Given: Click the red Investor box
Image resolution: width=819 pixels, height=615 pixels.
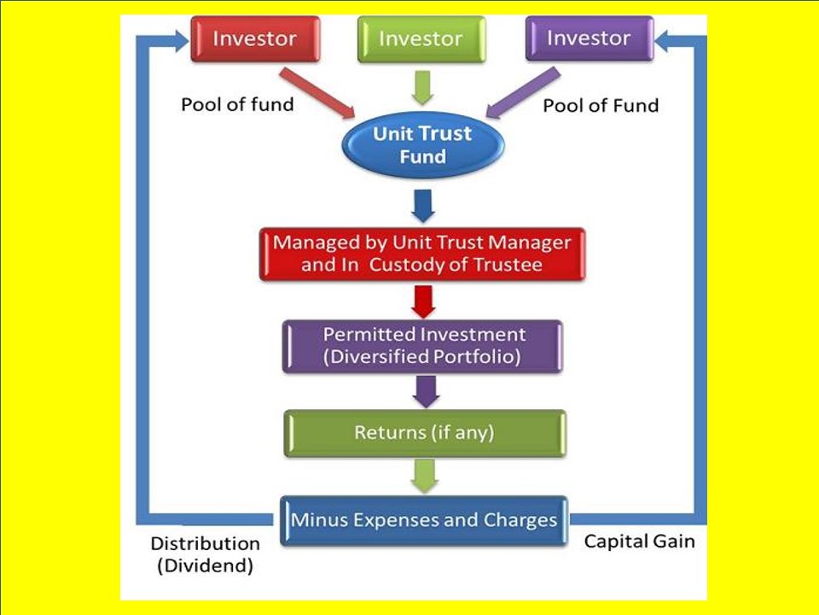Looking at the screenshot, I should [254, 39].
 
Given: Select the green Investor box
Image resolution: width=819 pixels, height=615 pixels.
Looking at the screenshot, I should [421, 39].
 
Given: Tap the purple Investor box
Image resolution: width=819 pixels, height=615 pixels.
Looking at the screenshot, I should [589, 39].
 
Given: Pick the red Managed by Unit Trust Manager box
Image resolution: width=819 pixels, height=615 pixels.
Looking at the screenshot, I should [422, 254].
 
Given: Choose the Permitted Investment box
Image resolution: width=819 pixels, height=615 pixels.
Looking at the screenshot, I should [422, 346].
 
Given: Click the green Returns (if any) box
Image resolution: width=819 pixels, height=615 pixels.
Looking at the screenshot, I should [424, 433].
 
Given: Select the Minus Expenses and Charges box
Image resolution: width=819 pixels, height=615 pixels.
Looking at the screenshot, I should [424, 520].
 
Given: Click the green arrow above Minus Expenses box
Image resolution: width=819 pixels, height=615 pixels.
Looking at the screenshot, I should [424, 476].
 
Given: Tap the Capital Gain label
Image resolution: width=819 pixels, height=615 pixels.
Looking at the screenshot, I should [639, 542].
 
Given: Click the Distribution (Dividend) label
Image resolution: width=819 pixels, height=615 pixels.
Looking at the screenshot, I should [205, 554].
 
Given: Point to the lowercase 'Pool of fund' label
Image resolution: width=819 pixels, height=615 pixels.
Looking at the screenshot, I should [237, 105].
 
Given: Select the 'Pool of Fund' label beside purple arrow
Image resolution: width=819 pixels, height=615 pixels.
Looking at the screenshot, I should [601, 106].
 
